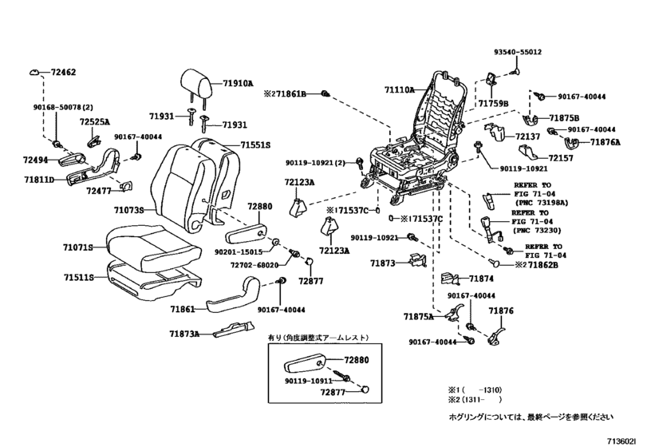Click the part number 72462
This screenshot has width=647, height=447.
point(63,73)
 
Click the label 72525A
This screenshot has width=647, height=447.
point(96,122)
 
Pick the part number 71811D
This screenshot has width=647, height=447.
point(37,180)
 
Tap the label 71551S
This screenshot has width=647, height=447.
point(256,145)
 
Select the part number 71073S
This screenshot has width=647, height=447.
point(128,210)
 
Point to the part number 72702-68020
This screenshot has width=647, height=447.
point(254,264)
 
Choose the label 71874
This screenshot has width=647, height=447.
point(482,279)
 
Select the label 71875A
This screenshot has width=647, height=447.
point(419,316)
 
